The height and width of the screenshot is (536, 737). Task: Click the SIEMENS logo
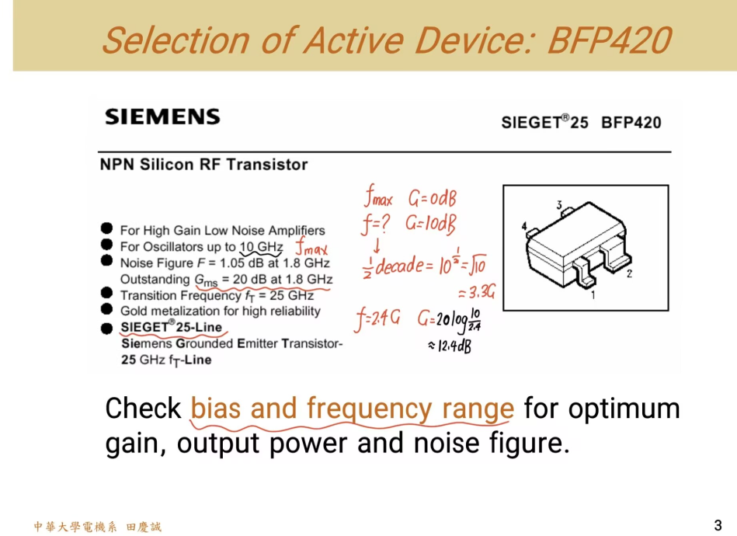point(162,117)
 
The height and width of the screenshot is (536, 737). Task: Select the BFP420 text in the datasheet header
point(631,122)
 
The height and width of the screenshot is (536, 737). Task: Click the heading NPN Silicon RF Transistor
point(203,165)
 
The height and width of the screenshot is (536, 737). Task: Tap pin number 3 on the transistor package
point(559,205)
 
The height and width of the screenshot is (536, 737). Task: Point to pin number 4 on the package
point(525,228)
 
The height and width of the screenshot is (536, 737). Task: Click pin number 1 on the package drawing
point(593,295)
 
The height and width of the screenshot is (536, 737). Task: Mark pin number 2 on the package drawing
point(629,273)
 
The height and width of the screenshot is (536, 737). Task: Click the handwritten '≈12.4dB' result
point(450,346)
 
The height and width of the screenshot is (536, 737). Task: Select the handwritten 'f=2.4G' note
point(378,318)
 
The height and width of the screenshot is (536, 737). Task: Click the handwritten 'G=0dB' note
point(431,199)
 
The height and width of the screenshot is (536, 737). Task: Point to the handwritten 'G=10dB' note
point(430,225)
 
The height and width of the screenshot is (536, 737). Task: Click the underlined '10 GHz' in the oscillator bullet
point(260,247)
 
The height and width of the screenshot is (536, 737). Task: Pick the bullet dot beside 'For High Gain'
point(106,229)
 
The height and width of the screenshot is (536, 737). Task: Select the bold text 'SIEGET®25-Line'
point(171,327)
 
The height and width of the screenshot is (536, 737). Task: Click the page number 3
point(718,524)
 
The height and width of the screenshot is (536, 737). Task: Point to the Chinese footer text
point(98,527)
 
